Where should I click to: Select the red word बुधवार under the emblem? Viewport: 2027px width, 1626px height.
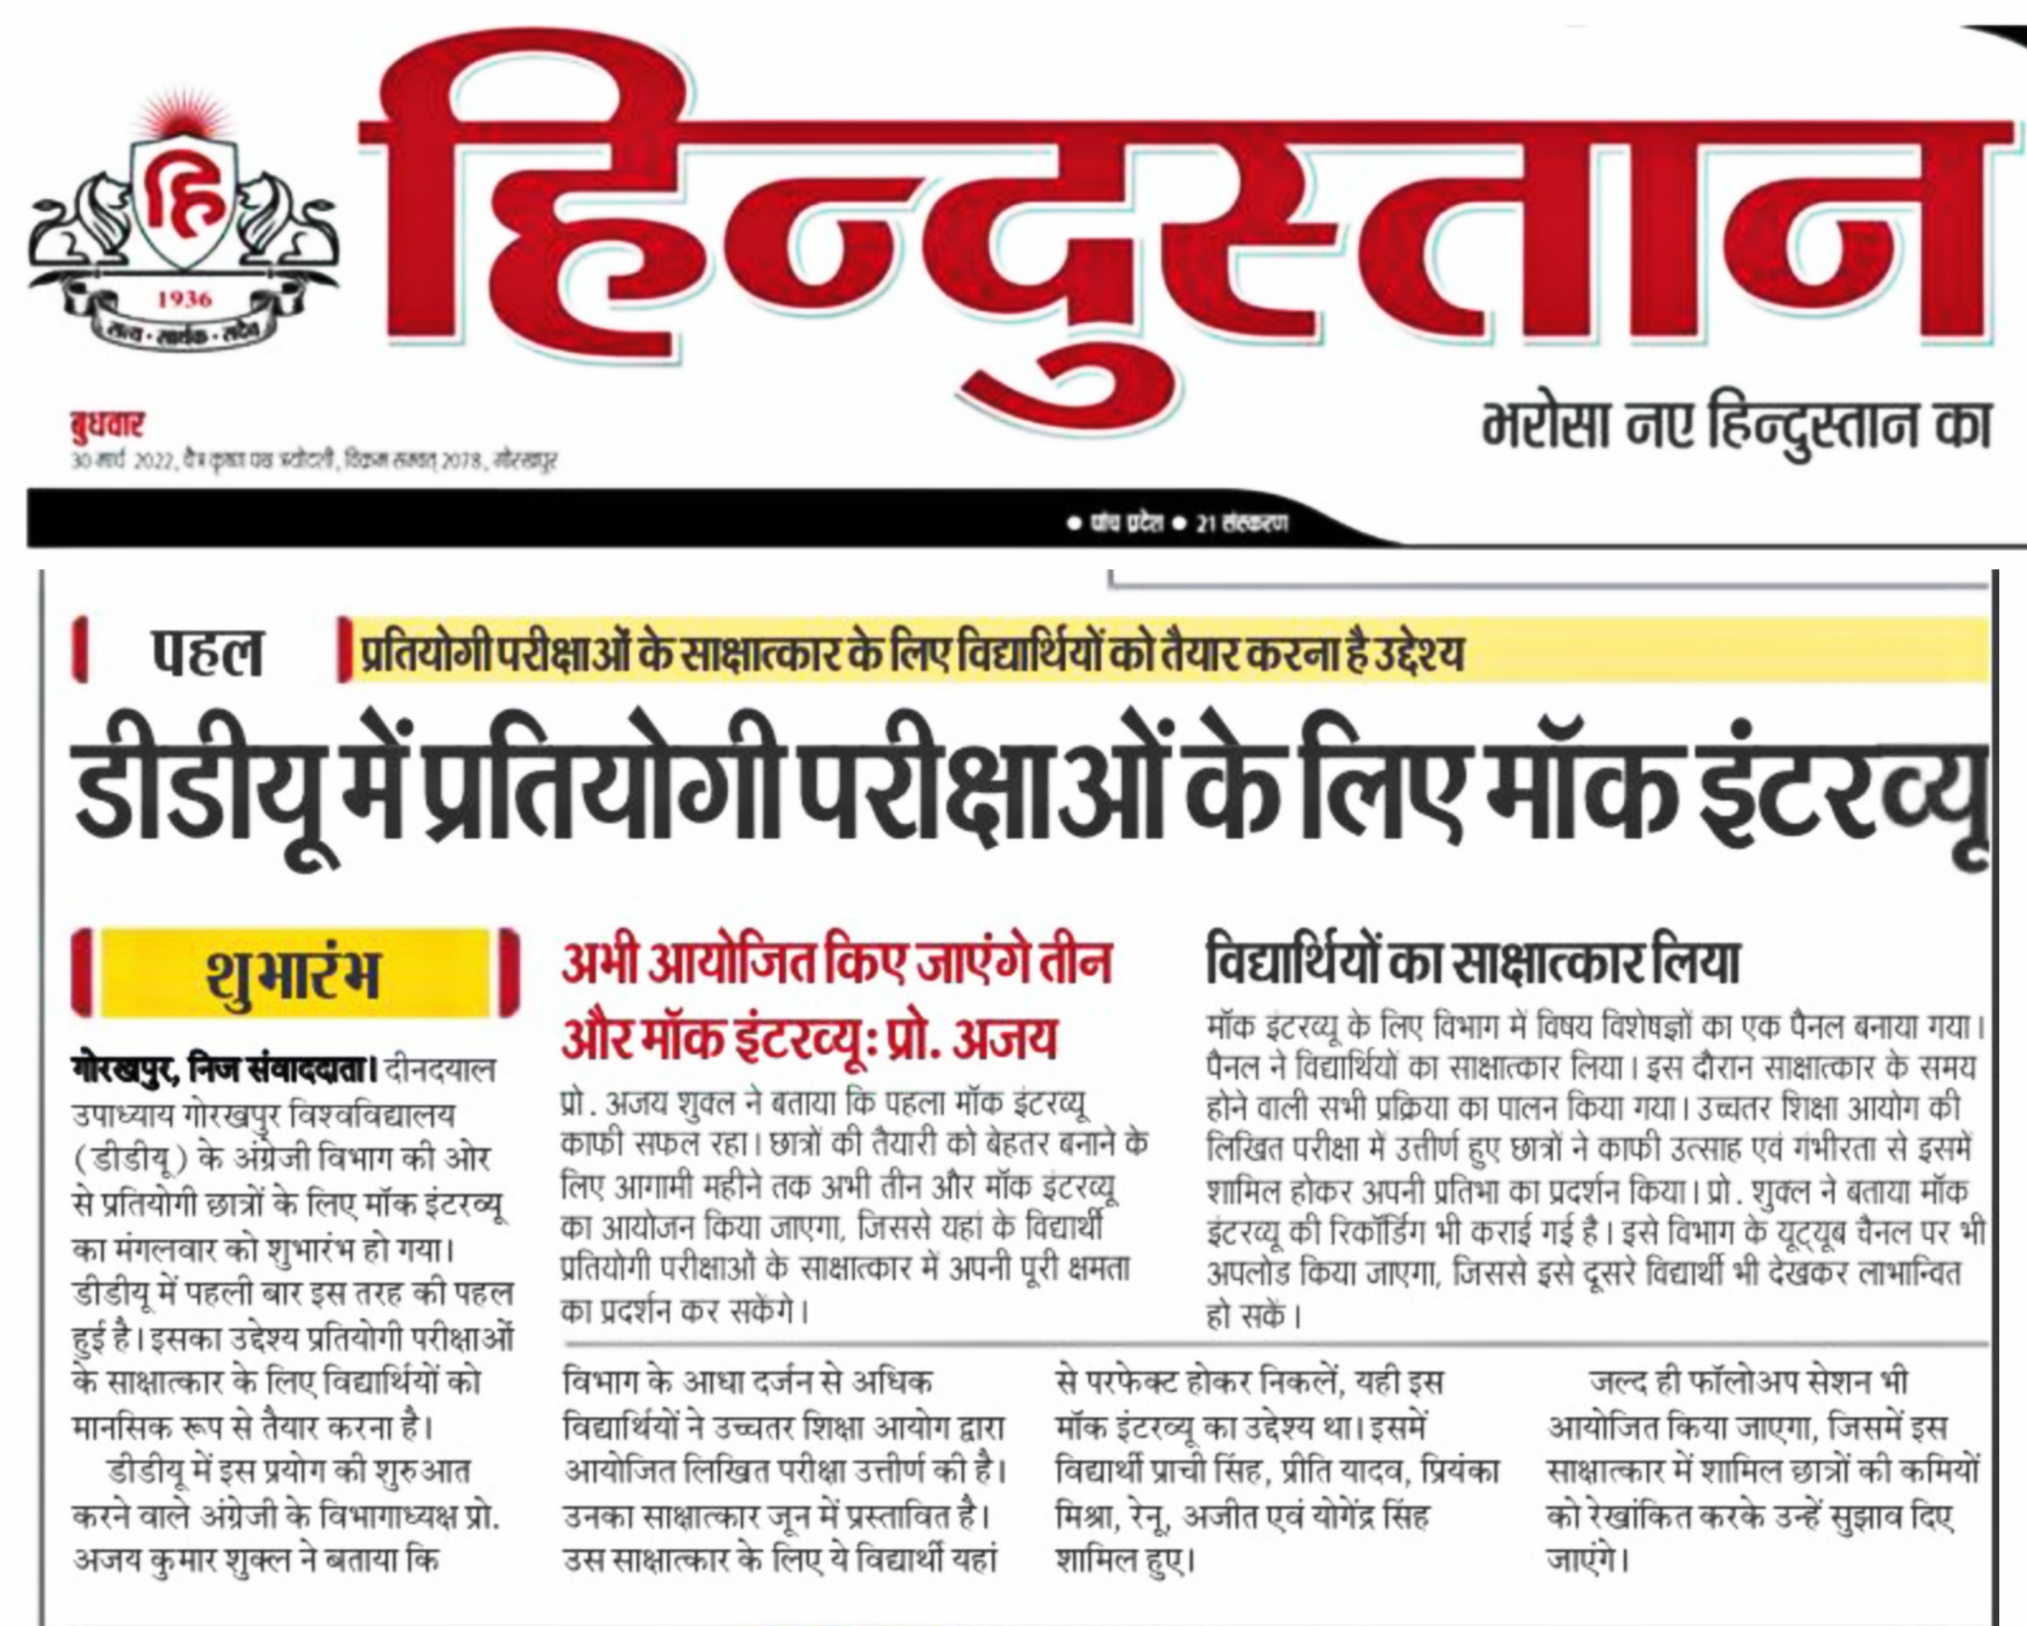click(107, 425)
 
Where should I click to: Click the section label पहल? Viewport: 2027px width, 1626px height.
click(207, 651)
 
